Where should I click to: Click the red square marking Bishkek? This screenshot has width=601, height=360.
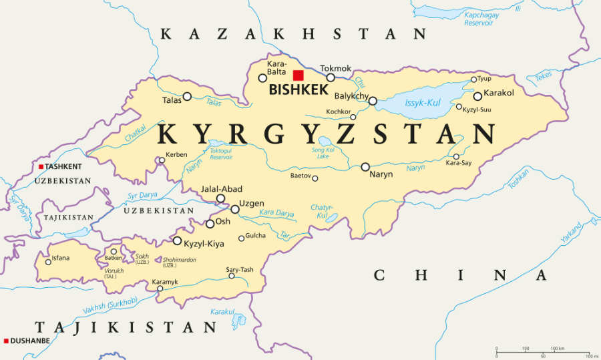(298, 75)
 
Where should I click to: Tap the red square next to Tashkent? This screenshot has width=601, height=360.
(41, 166)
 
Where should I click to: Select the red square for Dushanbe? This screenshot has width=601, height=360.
(6, 340)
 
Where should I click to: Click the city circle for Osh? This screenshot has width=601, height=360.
(210, 224)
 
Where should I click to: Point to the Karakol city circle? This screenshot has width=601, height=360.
(477, 96)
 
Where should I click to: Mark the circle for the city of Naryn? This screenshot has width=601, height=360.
(365, 167)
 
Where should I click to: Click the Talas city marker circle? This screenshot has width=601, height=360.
(187, 96)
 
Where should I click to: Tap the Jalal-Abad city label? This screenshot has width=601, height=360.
(222, 189)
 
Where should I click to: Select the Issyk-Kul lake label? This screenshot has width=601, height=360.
(423, 103)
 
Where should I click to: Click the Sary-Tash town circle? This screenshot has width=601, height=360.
(232, 276)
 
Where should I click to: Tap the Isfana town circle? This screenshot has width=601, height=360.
(48, 262)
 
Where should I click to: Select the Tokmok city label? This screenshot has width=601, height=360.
(335, 68)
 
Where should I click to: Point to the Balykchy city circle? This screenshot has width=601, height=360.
(373, 102)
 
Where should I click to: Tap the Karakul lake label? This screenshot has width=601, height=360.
(222, 311)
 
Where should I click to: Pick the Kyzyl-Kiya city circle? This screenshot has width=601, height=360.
(177, 240)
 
